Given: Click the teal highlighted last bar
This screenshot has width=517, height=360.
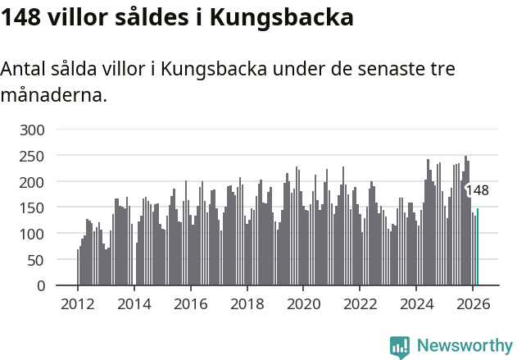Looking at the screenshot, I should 478,248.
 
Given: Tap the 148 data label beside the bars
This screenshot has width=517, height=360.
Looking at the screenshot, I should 477,190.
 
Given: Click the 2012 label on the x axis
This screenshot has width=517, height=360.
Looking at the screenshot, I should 78,303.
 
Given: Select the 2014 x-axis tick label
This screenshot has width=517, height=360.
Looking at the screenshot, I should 134,303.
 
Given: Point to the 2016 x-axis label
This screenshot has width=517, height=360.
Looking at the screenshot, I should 191,303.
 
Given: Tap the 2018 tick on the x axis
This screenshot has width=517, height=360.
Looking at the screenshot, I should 247,303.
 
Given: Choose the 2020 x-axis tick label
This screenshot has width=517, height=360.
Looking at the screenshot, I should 303,303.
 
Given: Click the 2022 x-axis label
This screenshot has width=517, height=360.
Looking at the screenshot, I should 360,303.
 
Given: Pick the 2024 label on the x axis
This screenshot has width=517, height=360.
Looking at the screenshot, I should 416,303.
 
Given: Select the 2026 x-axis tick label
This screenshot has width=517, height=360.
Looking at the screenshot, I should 473,303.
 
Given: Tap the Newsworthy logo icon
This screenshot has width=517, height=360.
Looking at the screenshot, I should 400,346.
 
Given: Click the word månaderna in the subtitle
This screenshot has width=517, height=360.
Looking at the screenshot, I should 53,95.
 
